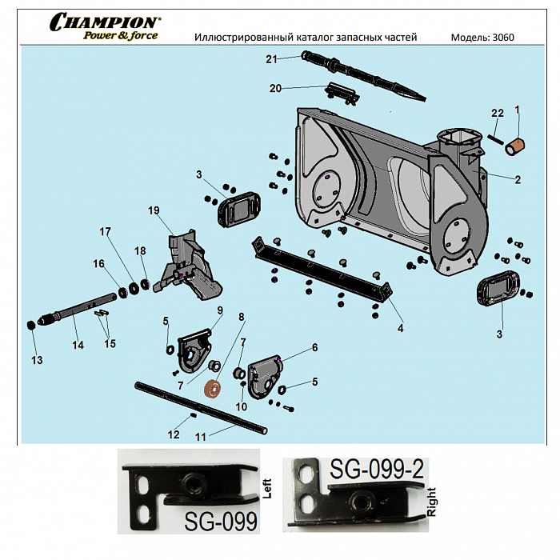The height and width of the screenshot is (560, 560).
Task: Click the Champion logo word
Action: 105,22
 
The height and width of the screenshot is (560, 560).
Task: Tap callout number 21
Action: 271,59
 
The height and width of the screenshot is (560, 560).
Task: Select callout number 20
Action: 275,88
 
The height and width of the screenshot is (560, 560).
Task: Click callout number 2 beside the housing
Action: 518,180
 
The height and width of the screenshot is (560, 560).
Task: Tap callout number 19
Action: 154,210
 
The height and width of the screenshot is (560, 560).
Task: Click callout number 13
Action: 37,360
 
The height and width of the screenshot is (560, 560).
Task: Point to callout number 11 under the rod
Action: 201,437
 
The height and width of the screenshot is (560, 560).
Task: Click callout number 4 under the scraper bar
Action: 400,327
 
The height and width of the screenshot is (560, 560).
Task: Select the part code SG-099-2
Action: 377,471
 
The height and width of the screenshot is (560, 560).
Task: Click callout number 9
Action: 220,310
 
